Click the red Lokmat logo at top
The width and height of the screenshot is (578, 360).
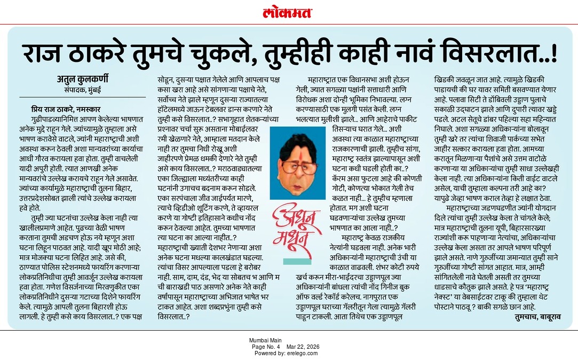click(x=288, y=12)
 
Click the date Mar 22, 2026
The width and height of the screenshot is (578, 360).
click(x=305, y=347)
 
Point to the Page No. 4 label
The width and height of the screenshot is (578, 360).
click(x=267, y=347)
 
